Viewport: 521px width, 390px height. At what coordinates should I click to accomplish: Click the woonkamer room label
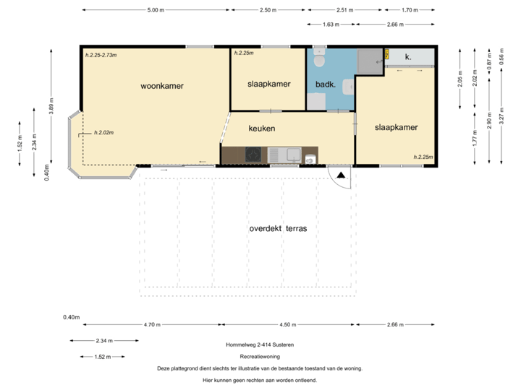point(162,86)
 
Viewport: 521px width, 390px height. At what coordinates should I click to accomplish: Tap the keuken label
point(261,129)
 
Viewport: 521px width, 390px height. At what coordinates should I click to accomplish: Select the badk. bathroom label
point(325,84)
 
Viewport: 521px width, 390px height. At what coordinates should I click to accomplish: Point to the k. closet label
point(408,56)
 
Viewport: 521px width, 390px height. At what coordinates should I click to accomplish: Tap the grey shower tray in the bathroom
point(369,61)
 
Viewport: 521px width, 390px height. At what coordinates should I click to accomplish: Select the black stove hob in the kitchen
point(254,154)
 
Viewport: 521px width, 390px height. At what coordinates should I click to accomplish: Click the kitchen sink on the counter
point(293,154)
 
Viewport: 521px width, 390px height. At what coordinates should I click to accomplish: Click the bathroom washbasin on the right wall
point(348,88)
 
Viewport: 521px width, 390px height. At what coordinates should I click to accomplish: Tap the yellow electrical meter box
point(387,54)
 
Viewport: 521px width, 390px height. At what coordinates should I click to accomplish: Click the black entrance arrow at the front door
point(341,174)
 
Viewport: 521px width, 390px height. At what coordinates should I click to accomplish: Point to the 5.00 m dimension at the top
point(155,10)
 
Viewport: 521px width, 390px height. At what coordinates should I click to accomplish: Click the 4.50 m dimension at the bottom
point(289,325)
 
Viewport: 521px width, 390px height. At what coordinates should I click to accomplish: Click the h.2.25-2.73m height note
point(101,55)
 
